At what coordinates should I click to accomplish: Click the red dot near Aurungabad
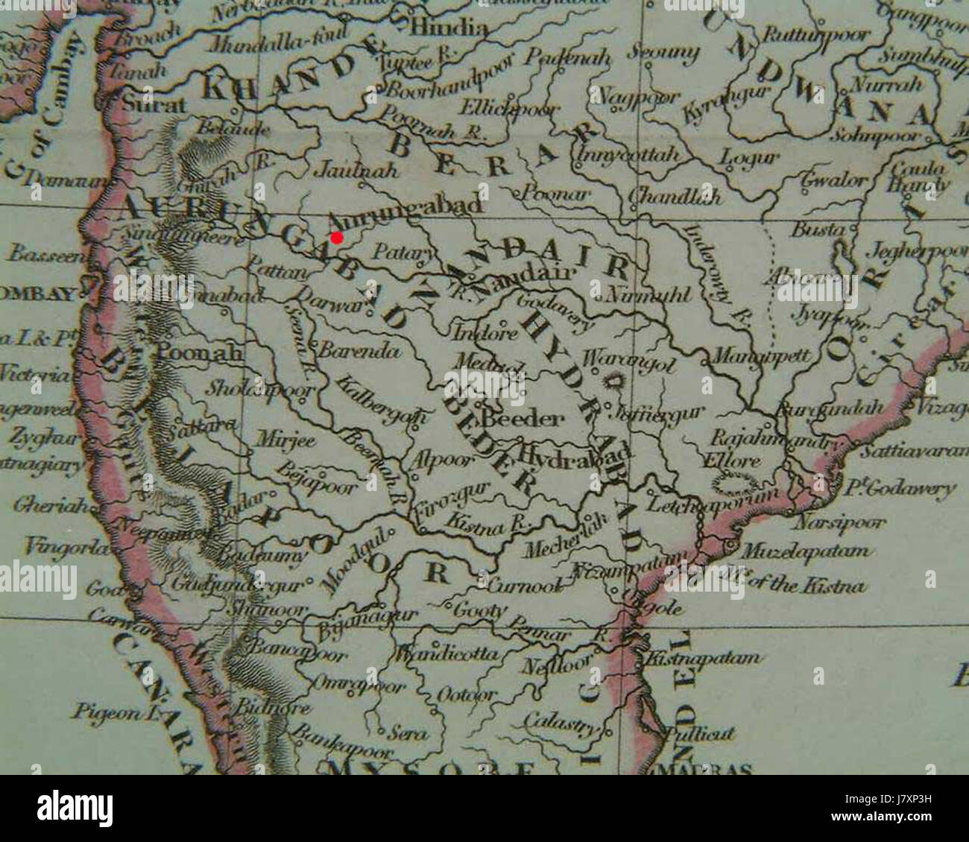(337, 238)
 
